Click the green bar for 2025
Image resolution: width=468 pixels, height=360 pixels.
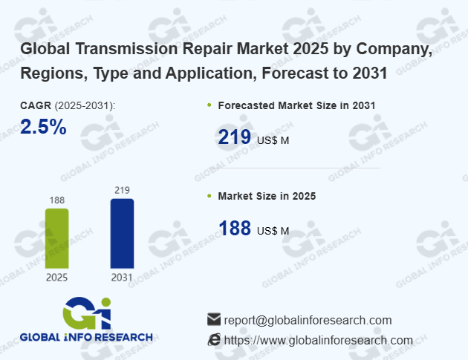pyautogui.click(x=56, y=238)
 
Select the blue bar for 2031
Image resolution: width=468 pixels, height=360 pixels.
pyautogui.click(x=122, y=233)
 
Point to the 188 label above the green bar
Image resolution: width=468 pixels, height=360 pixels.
pyautogui.click(x=56, y=200)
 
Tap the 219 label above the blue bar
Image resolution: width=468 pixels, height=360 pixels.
pyautogui.click(x=122, y=190)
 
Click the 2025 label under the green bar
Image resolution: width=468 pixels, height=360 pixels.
pyautogui.click(x=56, y=278)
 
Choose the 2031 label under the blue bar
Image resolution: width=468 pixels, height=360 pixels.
pyautogui.click(x=122, y=278)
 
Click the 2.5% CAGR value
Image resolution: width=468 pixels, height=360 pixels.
pyautogui.click(x=43, y=127)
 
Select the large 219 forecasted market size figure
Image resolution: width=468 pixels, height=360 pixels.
pyautogui.click(x=234, y=137)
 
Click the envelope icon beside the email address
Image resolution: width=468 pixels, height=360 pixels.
pyautogui.click(x=214, y=319)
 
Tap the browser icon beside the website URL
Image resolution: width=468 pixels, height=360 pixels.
pyautogui.click(x=214, y=339)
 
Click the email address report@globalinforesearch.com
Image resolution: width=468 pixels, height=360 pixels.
pyautogui.click(x=308, y=320)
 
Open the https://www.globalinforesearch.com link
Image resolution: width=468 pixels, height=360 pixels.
pyautogui.click(x=318, y=340)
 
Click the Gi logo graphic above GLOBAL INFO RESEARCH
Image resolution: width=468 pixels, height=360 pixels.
pyautogui.click(x=88, y=312)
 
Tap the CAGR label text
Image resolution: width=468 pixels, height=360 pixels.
pyautogui.click(x=36, y=106)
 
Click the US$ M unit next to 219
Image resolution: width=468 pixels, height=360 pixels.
pyautogui.click(x=273, y=140)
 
